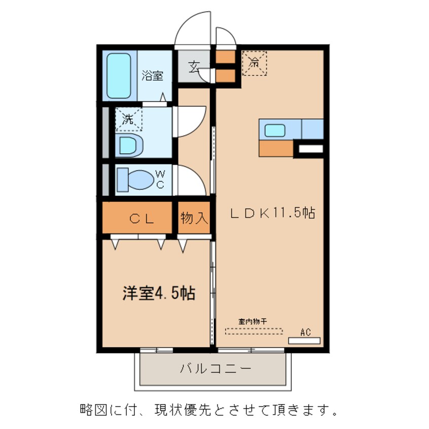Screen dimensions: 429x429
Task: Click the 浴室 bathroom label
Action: (152, 76)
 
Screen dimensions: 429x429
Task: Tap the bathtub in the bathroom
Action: (119, 76)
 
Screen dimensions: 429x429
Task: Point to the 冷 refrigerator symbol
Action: (254, 64)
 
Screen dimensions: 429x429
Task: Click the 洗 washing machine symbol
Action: (129, 120)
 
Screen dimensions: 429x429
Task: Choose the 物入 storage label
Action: (194, 219)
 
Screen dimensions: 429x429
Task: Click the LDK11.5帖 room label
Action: (273, 213)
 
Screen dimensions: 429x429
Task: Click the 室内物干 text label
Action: (253, 321)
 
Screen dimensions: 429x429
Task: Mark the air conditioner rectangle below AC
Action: (304, 341)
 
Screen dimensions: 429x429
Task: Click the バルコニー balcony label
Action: (215, 368)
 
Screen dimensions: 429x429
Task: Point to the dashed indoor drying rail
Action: (254, 331)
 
